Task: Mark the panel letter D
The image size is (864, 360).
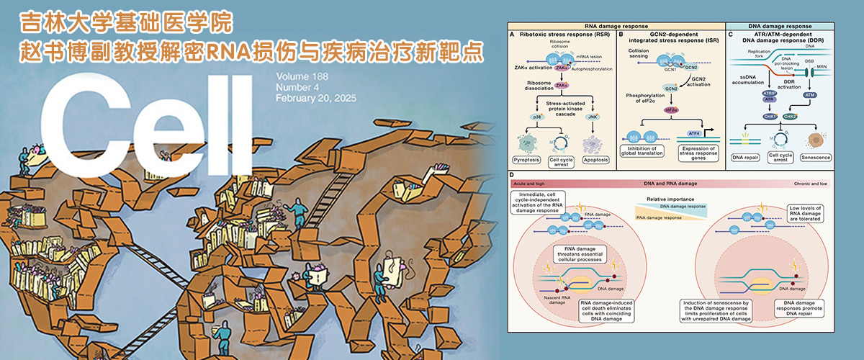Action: [x=511, y=175]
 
